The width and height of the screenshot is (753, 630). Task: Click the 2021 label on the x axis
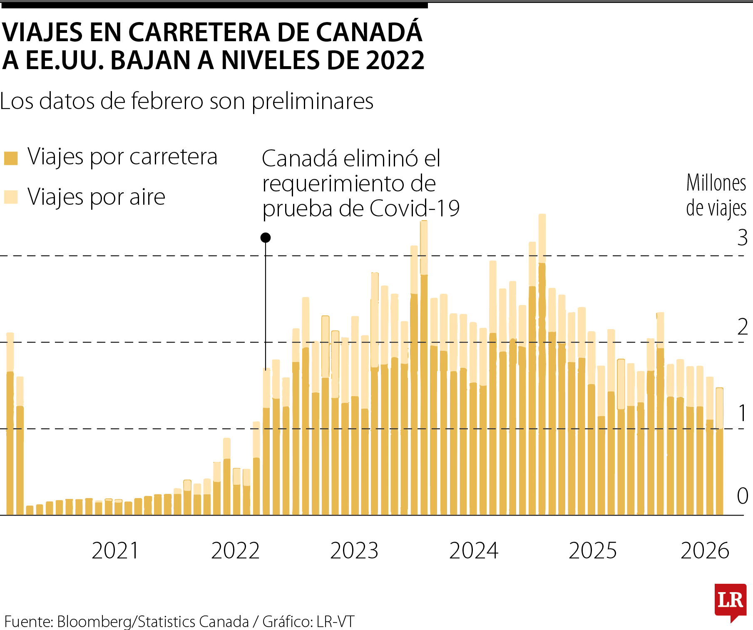[115, 551]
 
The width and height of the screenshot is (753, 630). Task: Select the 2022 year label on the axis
[235, 551]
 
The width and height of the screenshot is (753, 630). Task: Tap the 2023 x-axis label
[354, 551]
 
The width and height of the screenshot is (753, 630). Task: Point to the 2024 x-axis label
[474, 551]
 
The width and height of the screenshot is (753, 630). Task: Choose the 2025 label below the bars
[593, 551]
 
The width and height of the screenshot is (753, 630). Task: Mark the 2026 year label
[705, 551]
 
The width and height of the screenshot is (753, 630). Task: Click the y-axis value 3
[742, 238]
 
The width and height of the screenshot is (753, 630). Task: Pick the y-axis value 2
[742, 327]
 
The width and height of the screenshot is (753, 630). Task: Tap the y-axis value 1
[742, 413]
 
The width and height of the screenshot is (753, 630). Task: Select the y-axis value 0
[742, 496]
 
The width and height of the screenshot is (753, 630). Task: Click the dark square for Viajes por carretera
[11, 159]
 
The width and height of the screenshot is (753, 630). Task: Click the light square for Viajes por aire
[11, 197]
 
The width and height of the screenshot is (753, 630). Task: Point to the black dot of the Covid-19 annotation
[266, 238]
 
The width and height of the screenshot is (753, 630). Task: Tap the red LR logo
[731, 601]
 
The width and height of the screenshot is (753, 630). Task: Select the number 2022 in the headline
[395, 60]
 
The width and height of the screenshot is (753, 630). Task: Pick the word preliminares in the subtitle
[312, 101]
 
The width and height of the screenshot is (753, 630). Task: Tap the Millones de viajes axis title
[716, 196]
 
